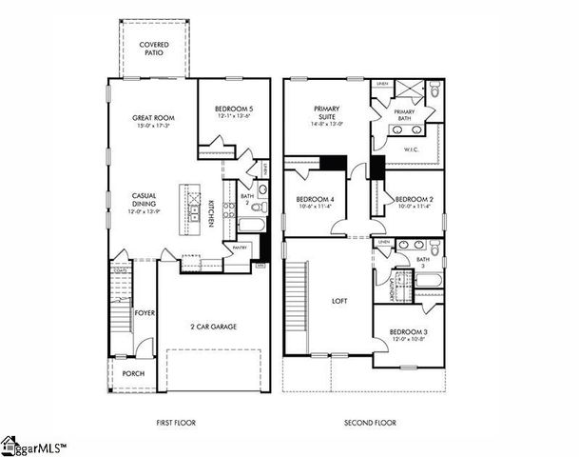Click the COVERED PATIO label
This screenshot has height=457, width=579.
(x=156, y=49)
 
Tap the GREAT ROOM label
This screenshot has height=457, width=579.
(x=149, y=118)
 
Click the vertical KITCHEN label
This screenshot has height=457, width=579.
(x=209, y=219)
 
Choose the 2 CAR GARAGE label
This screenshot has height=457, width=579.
(x=212, y=327)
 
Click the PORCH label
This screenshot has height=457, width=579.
(x=134, y=373)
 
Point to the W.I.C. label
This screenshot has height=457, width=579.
(x=412, y=149)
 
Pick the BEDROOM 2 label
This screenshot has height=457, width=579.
(x=414, y=198)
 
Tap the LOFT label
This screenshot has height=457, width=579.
(x=339, y=301)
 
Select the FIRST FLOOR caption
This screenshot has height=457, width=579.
(x=181, y=422)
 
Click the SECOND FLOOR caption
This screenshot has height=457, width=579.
(x=371, y=422)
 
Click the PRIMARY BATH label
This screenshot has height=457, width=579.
(x=404, y=115)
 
